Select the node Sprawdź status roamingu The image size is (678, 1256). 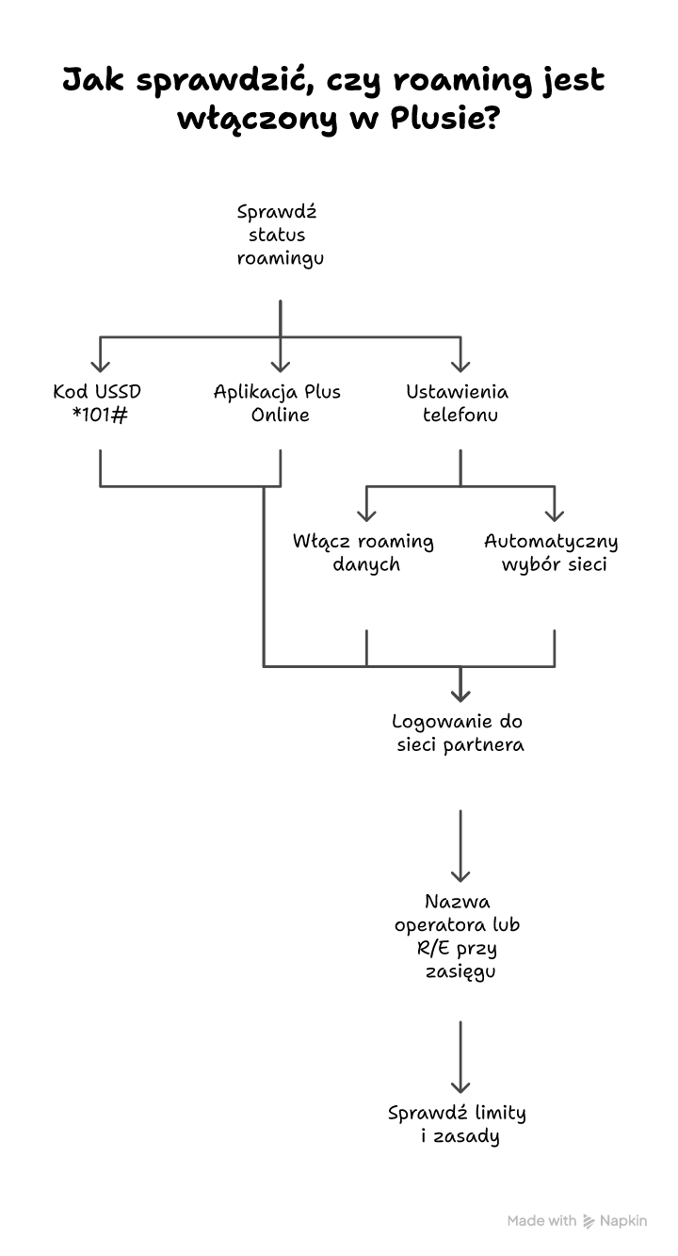[280, 235]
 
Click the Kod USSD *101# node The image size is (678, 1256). [99, 402]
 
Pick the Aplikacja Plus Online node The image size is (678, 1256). [279, 402]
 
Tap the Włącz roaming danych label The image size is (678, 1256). [364, 553]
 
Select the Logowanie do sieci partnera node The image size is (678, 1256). [459, 733]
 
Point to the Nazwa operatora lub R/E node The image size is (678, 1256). [459, 936]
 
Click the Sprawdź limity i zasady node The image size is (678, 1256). [459, 1124]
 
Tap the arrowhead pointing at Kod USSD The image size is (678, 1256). [100, 366]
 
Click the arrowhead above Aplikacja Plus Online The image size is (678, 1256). [280, 366]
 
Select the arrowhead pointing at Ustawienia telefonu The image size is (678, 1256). [460, 366]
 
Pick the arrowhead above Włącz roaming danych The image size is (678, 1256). [366, 514]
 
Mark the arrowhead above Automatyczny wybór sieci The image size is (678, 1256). [555, 514]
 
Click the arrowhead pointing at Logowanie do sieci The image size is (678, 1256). [460, 695]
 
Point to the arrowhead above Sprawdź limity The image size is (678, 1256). [460, 1086]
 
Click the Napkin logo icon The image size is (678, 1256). [589, 1221]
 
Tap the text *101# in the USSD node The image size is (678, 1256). [99, 415]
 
